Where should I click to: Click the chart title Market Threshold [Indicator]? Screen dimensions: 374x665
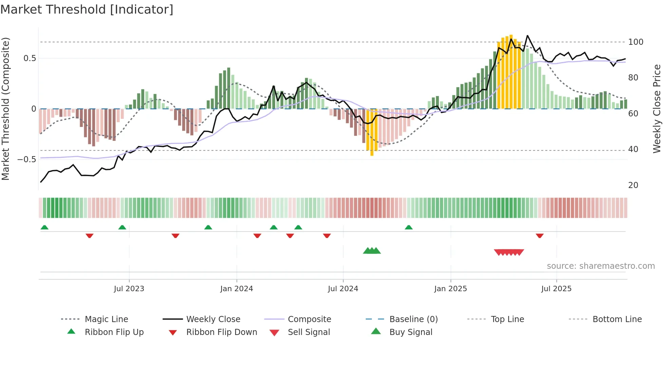(87, 10)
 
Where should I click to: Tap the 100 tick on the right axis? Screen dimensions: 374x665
(635, 42)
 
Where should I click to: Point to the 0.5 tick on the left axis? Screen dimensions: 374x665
(30, 58)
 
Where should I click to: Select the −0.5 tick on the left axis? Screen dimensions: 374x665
(27, 160)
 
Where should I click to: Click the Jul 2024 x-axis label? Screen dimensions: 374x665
(343, 289)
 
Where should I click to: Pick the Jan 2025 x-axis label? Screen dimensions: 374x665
(450, 289)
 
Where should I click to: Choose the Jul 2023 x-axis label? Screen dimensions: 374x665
(129, 289)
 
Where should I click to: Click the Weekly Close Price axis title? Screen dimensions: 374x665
(657, 109)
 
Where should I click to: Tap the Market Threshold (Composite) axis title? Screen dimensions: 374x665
(5, 109)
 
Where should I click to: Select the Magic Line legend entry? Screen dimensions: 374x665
(106, 319)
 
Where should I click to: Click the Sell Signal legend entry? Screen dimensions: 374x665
(308, 332)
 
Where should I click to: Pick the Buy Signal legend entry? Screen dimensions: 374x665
(411, 332)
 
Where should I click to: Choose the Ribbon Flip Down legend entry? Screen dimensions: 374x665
(221, 332)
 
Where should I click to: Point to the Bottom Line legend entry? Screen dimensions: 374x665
(617, 319)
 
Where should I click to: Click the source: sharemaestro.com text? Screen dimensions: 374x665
(601, 266)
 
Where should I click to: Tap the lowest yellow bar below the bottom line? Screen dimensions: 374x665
(372, 153)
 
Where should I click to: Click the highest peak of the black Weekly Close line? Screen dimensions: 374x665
(527, 36)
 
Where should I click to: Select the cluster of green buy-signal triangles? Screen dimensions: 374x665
(372, 251)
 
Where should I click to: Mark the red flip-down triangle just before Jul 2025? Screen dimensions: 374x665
(539, 236)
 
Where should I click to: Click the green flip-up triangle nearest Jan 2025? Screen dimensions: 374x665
(408, 227)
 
